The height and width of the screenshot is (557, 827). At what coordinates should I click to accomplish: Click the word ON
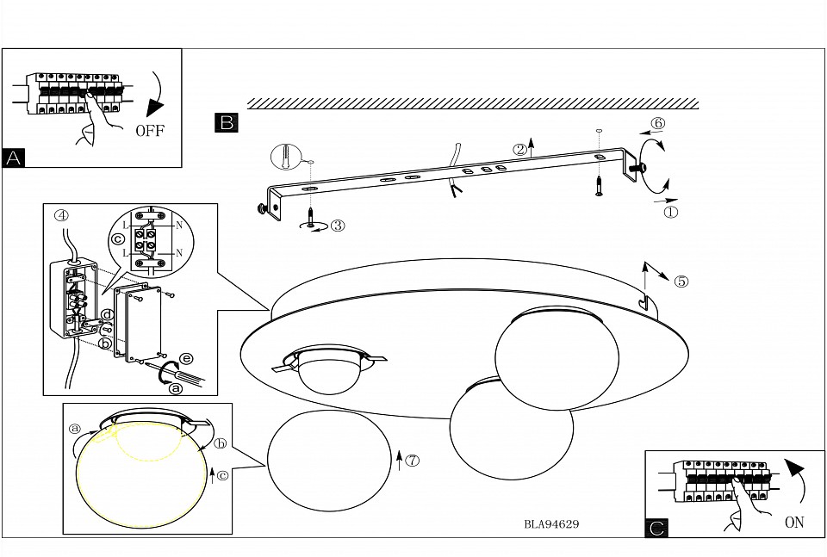[793, 522]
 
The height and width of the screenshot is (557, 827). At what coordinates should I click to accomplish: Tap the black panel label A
[14, 158]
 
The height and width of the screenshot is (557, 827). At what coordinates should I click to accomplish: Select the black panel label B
[227, 122]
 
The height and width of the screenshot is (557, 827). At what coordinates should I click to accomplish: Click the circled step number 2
[519, 149]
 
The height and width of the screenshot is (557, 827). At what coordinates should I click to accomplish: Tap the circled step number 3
[337, 226]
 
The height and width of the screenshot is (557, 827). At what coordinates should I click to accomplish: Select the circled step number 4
[60, 215]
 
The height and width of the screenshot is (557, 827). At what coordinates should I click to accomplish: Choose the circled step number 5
[681, 281]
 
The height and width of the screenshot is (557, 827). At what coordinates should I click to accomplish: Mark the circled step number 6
[658, 123]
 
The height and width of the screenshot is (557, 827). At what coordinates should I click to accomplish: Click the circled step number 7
[413, 460]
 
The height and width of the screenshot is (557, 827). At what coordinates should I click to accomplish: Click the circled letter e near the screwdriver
[183, 356]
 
